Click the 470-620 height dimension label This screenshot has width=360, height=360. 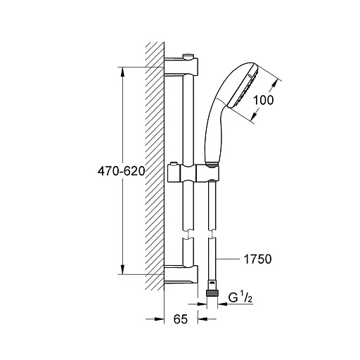[x=121, y=172]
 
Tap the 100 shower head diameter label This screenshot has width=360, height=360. [x=264, y=100]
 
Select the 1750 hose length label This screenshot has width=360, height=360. [x=258, y=259]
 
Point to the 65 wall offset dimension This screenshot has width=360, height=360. [x=181, y=319]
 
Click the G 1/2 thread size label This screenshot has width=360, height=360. [x=240, y=298]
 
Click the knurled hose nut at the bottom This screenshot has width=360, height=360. [x=212, y=293]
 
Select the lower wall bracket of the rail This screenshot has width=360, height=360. [x=181, y=274]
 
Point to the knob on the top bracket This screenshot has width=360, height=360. [x=188, y=56]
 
